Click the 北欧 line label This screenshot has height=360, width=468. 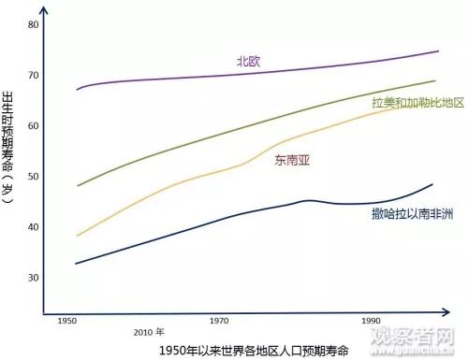point(249,62)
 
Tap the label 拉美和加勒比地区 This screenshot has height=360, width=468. point(418,101)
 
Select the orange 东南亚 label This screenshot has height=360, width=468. point(292,160)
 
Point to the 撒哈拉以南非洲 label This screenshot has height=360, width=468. point(412,214)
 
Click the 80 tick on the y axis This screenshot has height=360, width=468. point(34,24)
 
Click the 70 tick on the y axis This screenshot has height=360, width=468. point(34,75)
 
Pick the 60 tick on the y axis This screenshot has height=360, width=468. point(34,125)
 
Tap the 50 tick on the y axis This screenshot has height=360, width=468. point(34,176)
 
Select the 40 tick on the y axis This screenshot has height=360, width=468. point(34,226)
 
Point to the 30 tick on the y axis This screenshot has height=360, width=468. point(34,278)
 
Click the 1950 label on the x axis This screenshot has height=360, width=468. point(67,321)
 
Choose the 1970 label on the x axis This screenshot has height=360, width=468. point(219,321)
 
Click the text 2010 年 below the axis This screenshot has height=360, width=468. point(149,331)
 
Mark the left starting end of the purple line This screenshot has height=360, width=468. point(77,90)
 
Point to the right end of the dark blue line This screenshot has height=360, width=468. point(432,184)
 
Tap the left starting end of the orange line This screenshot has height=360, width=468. point(77,236)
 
